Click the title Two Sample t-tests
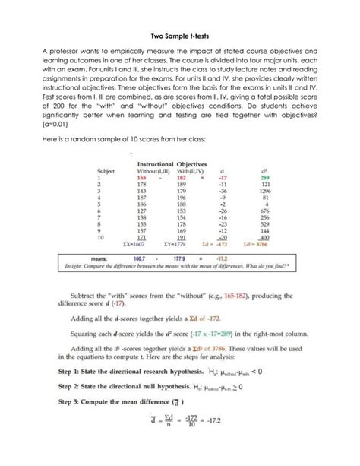(x=179, y=35)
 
